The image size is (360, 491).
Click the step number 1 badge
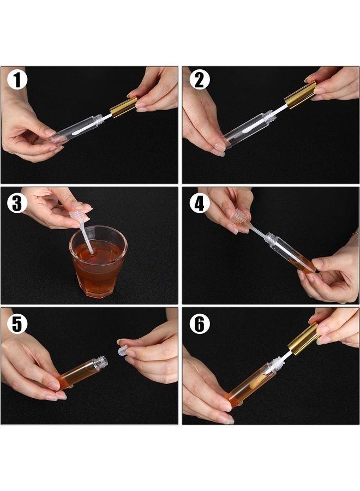(x=17, y=80)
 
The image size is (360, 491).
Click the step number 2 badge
(x=199, y=80)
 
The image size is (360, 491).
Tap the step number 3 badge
(x=17, y=203)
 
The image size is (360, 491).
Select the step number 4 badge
(x=199, y=203)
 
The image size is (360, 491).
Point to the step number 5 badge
(x=17, y=324)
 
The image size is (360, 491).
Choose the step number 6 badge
(x=199, y=324)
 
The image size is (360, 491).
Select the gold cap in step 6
(x=303, y=337)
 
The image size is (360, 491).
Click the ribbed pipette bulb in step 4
(x=236, y=217)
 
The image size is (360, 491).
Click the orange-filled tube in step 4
(x=292, y=254)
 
